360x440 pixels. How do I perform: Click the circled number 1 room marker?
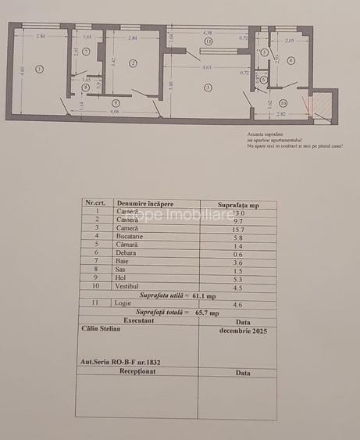coord(40,70)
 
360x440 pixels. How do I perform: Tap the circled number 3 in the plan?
coord(208,88)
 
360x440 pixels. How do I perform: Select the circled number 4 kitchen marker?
coord(290,60)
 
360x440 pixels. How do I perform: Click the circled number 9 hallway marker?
coord(115,102)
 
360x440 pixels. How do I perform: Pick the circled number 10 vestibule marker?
coord(283,102)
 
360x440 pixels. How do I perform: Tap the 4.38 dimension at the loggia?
coord(208,33)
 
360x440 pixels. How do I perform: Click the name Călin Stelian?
coord(101,329)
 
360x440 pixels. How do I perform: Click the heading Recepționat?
coord(137,371)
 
